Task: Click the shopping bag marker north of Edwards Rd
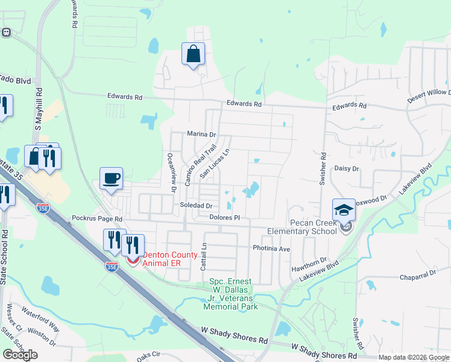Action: click(x=193, y=54)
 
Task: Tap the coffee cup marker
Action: click(x=111, y=179)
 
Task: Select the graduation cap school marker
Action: click(x=344, y=210)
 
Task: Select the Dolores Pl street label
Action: click(x=225, y=217)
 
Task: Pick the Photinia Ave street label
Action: click(x=271, y=248)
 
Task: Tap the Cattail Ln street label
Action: click(x=204, y=256)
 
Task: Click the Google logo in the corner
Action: click(x=20, y=355)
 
